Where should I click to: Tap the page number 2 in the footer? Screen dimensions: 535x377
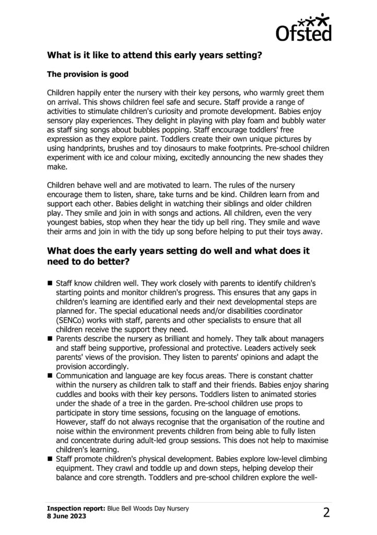point(326,512)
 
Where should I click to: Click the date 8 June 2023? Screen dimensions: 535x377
point(66,515)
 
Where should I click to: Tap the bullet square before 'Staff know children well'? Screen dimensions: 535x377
point(50,282)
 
